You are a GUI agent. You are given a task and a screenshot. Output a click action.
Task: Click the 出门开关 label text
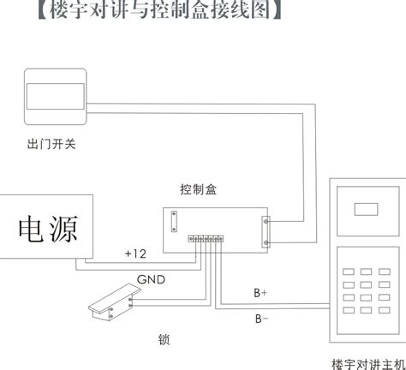[51, 144]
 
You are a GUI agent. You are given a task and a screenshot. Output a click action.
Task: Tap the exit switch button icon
[56, 97]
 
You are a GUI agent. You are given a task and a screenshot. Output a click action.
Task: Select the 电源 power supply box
[46, 227]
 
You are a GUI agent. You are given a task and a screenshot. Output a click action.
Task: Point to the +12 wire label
[135, 254]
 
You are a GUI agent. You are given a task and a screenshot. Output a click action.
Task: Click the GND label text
[151, 279]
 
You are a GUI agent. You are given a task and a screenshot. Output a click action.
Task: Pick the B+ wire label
[260, 293]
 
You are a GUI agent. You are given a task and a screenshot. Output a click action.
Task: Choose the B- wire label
[261, 319]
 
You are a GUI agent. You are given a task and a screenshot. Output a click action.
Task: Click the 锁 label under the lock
[164, 339]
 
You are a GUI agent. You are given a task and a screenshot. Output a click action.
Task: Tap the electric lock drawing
[114, 301]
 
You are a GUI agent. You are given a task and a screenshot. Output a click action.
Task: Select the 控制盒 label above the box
[198, 189]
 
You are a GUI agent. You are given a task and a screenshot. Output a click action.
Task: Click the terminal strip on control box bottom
[206, 239]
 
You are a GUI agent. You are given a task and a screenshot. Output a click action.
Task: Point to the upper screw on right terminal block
[266, 221]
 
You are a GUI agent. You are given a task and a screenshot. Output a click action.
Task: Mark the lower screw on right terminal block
[266, 242]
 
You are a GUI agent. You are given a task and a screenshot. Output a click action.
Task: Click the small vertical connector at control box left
[174, 222]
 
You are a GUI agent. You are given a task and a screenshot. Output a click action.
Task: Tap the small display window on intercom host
[366, 209]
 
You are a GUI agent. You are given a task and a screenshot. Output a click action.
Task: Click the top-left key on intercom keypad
[349, 272]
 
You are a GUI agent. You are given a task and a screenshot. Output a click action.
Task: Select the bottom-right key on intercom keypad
[385, 310]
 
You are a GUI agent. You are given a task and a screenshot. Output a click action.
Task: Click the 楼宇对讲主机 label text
[368, 364]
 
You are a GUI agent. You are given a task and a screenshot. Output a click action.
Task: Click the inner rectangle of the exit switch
[56, 96]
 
